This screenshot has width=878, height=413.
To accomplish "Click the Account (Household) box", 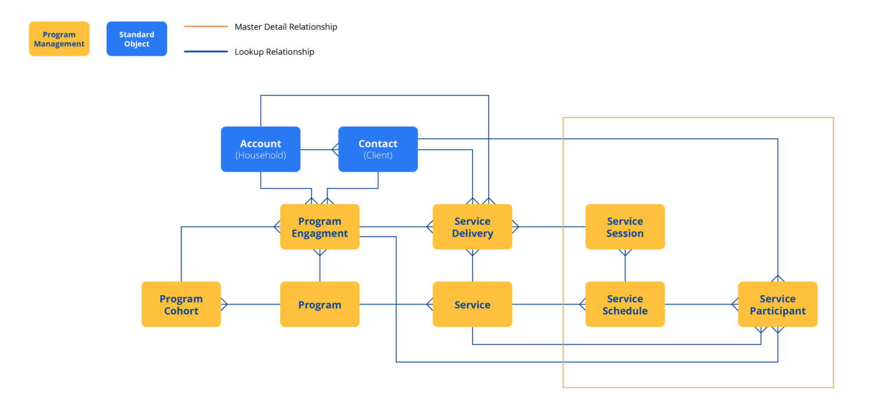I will pos(261,149).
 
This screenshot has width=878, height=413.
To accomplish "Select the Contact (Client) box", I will pos(378,149).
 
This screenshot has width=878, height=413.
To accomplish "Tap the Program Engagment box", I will pos(320,227).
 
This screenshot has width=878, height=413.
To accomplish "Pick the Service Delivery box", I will pos(472,227).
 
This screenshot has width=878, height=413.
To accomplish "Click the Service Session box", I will pos(625,227).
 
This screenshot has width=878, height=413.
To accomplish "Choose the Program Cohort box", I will pos(181,304).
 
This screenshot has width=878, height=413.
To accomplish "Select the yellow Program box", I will pos(320,304).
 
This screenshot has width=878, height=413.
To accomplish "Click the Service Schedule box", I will pos(625,304).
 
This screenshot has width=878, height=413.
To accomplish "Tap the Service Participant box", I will pos(777,304).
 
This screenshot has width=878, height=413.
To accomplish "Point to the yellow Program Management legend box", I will pos(59,39).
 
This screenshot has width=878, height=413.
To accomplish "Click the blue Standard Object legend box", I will pos(137,39).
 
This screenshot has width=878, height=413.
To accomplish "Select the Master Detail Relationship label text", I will pos(286,27).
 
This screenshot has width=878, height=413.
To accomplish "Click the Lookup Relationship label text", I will pos(274,52).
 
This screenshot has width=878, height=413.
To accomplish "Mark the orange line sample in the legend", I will pos(206,27).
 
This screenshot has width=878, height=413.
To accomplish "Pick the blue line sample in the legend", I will pos(206,52).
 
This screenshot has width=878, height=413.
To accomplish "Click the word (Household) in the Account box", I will pos(261,155).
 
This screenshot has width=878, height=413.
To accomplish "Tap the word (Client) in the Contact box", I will pos(378,155).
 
